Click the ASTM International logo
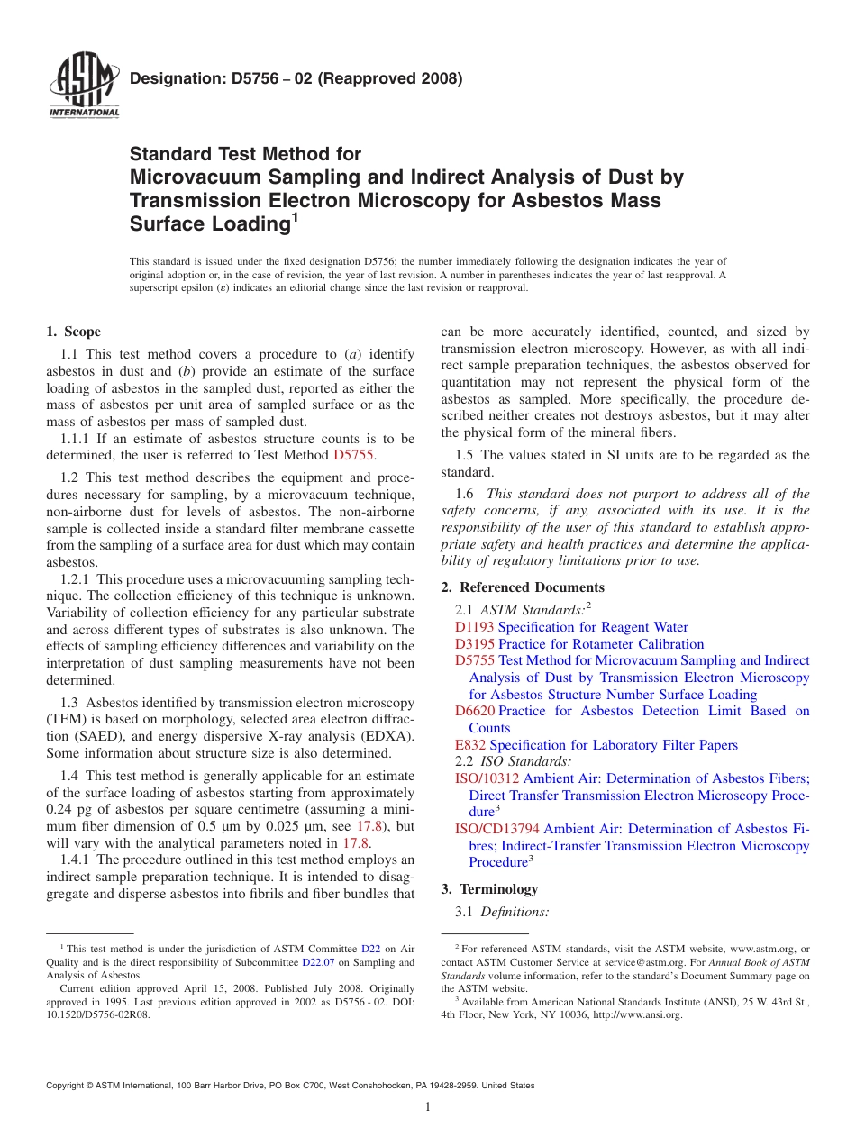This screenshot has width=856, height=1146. click(x=84, y=86)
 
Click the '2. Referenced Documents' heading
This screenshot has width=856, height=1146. click(x=523, y=587)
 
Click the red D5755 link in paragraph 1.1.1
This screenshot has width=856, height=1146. click(x=353, y=456)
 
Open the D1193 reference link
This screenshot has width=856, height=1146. click(x=474, y=627)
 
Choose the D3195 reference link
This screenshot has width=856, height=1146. click(x=474, y=644)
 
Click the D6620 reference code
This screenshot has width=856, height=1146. click(x=474, y=712)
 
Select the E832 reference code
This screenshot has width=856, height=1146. click(x=470, y=745)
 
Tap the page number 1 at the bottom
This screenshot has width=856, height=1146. click(x=428, y=1107)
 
